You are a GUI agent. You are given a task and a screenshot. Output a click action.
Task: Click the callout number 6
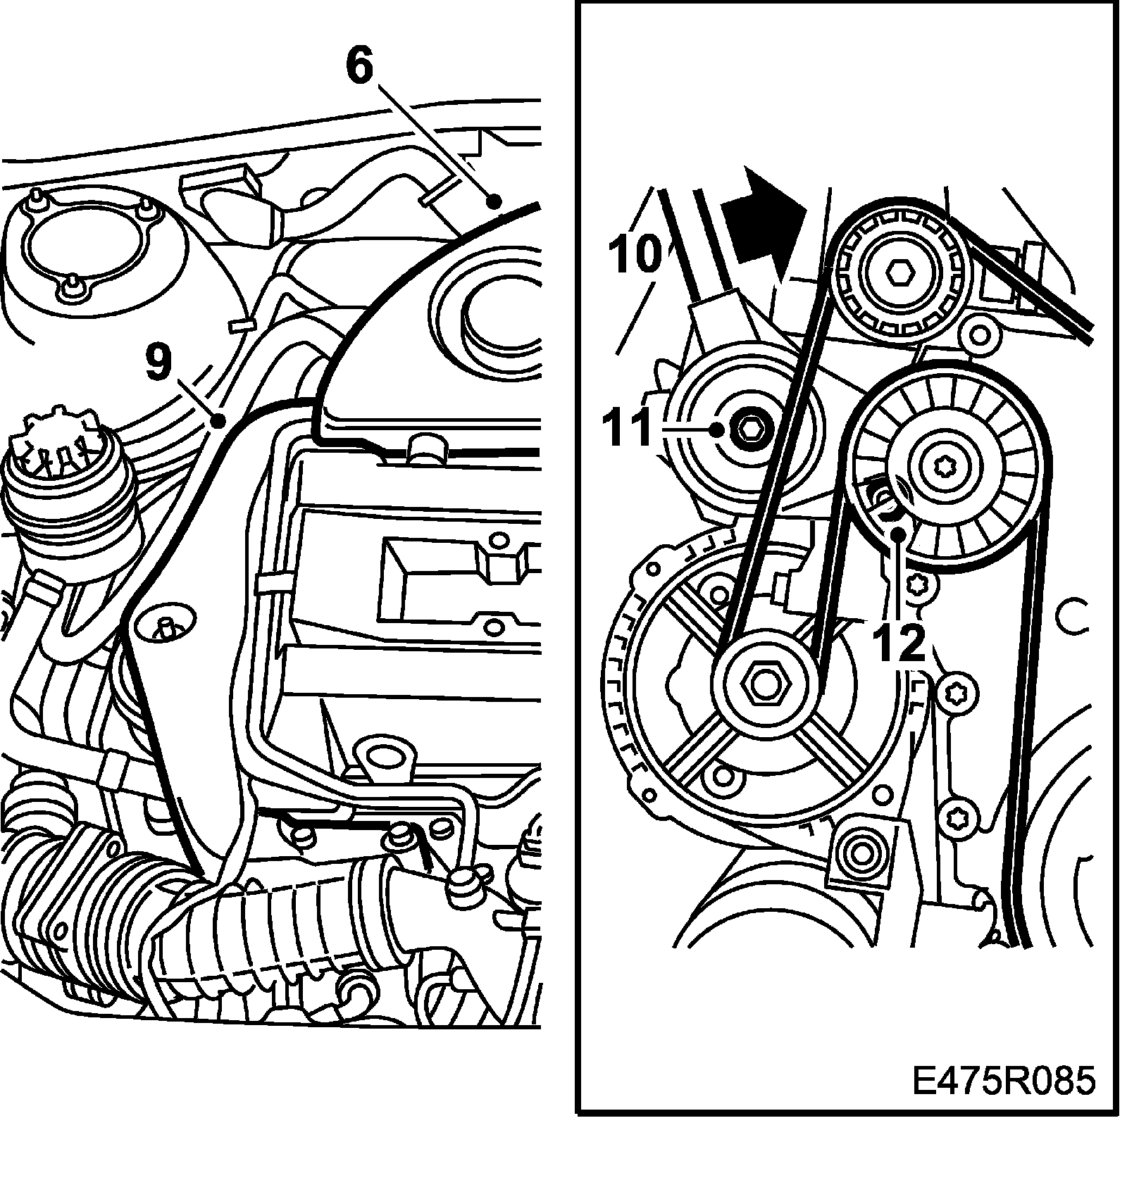point(359,67)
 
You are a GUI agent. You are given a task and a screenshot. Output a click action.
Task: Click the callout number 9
point(158,360)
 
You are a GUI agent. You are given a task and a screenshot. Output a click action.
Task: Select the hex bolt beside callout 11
point(748,428)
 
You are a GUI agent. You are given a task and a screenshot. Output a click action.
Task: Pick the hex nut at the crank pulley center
point(764,681)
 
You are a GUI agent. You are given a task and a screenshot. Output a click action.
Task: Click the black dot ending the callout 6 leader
point(495,202)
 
